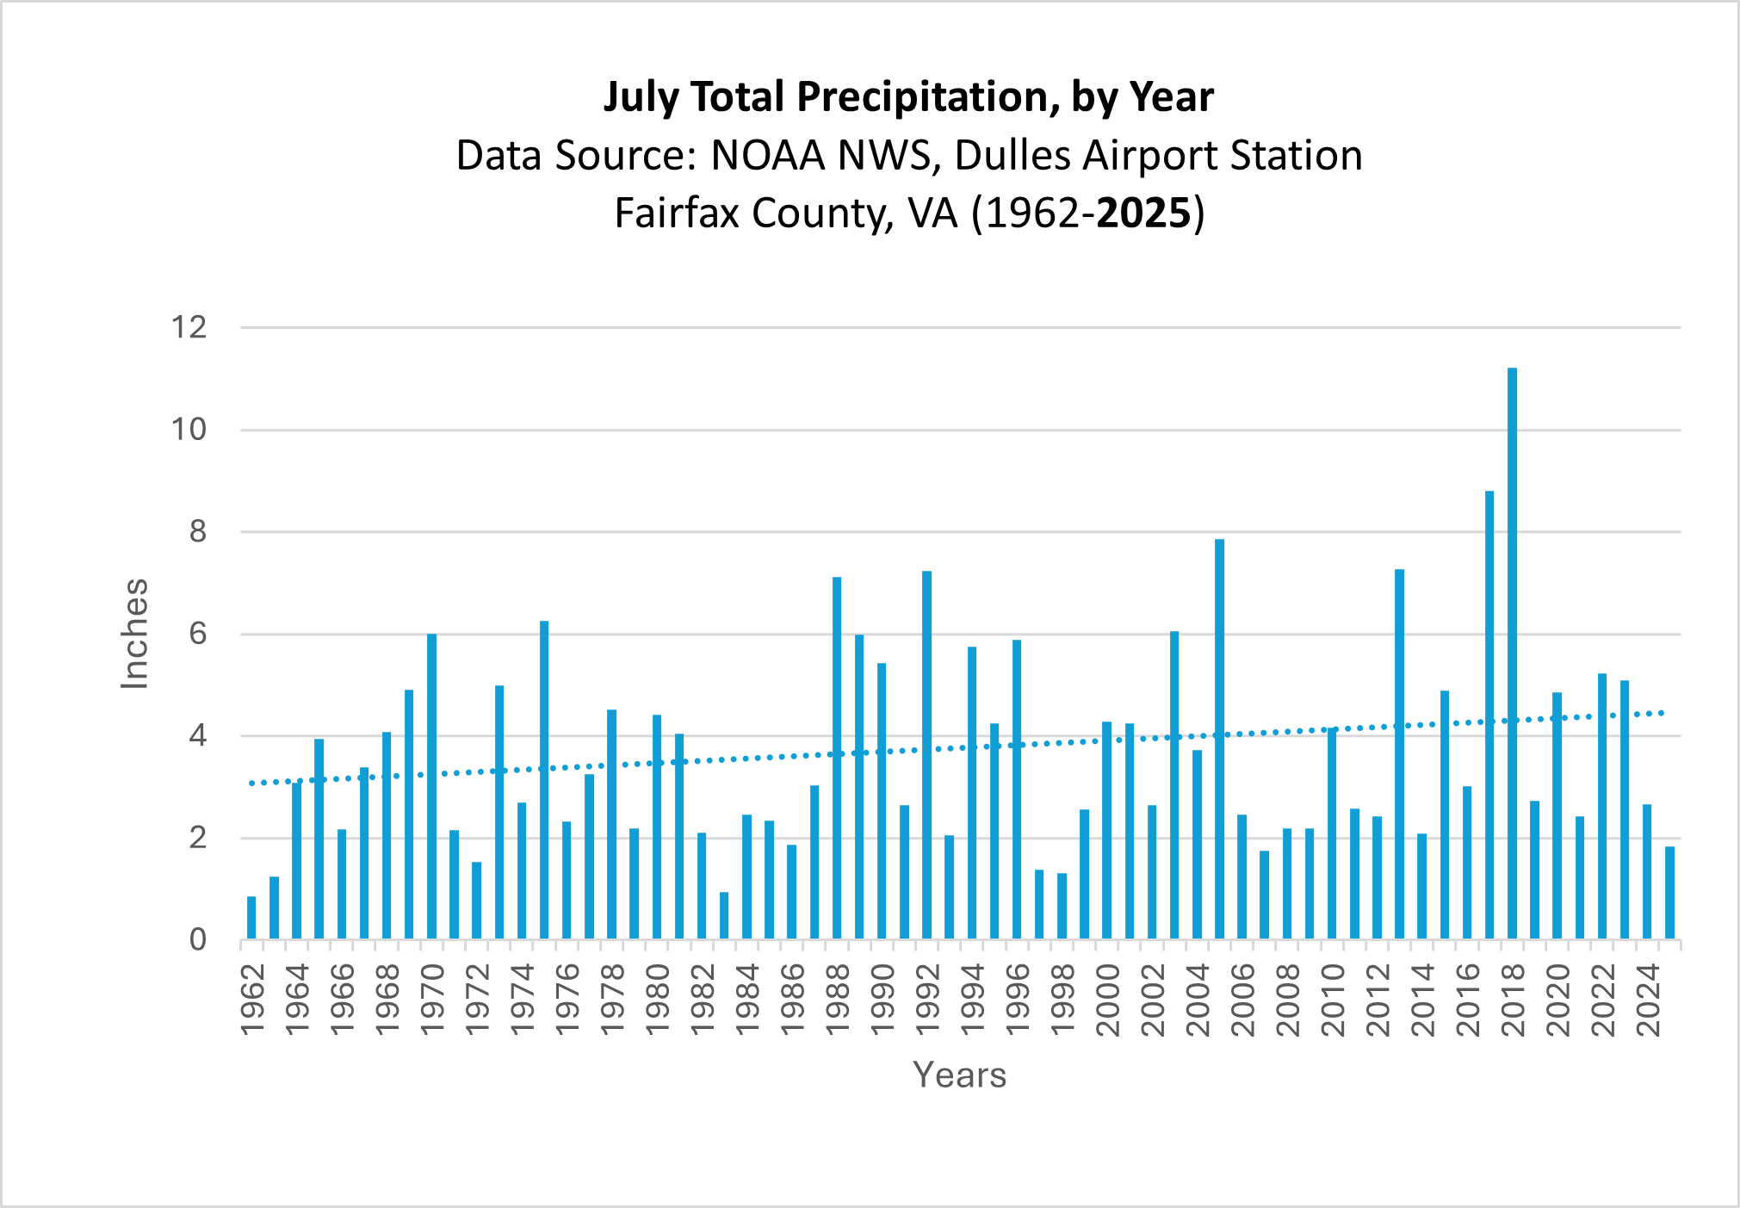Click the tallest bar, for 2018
[1512, 654]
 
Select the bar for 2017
[1489, 715]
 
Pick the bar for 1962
[251, 918]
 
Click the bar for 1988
[837, 758]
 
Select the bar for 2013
[1399, 754]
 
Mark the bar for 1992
[926, 755]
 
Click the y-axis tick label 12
[189, 327]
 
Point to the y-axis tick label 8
[198, 532]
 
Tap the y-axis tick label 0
[198, 939]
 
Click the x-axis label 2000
[1107, 1000]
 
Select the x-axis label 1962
[251, 1000]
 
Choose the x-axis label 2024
[1647, 1000]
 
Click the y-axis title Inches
[134, 634]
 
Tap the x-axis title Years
[959, 1075]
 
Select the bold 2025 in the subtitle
[1144, 213]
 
